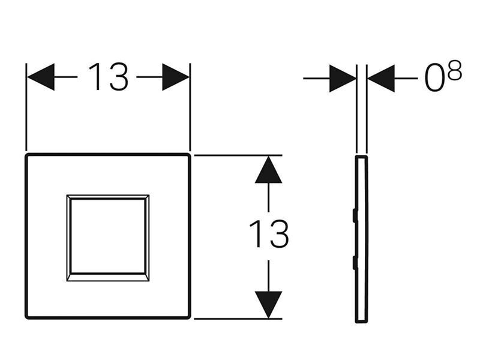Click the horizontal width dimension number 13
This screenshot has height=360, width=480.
[108, 77]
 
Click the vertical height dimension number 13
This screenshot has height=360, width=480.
[269, 233]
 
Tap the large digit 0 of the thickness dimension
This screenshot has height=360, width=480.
[434, 79]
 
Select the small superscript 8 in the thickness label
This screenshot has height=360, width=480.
[454, 71]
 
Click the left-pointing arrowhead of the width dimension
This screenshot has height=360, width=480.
[41, 77]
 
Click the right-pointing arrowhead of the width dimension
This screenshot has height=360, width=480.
[176, 77]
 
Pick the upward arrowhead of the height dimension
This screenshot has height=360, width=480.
[268, 170]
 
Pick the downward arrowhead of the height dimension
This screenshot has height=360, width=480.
[268, 305]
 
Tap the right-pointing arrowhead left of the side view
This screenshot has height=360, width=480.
[343, 79]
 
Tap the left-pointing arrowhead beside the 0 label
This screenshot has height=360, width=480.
[381, 79]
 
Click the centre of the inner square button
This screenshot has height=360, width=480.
[108, 238]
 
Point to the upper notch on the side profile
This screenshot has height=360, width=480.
[355, 215]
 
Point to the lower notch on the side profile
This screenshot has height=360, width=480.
[355, 263]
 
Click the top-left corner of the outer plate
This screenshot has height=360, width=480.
[26, 155]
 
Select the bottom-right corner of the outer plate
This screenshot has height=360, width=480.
[190, 317]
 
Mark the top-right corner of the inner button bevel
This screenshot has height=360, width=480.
[149, 195]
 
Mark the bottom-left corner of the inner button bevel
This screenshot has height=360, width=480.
[67, 281]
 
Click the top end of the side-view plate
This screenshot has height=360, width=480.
[361, 157]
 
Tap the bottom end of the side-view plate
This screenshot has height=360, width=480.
[362, 322]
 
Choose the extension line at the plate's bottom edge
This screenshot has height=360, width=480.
[238, 319]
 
